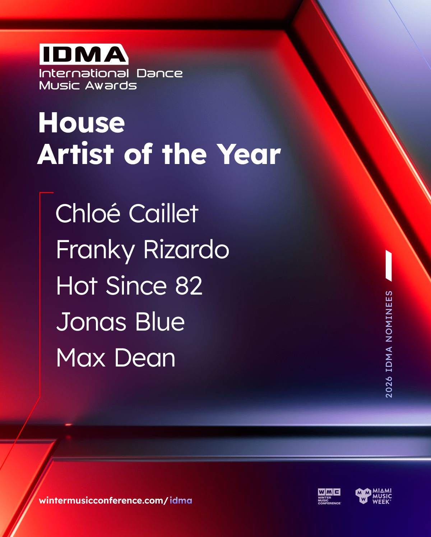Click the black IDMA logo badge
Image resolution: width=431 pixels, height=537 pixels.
pos(84,54)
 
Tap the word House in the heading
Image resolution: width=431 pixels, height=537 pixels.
pos(82,123)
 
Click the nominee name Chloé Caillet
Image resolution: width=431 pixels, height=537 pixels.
pos(127,213)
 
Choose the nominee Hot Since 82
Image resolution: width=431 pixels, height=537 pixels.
pos(129,286)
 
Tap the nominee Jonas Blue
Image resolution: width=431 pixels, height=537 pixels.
pos(120,322)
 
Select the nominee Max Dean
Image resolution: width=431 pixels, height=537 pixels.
pos(116,358)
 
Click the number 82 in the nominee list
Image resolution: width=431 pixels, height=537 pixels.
pos(189,286)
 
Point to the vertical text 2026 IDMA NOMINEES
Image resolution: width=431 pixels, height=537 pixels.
pos(389,344)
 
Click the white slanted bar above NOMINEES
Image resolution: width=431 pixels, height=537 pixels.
pos(389,265)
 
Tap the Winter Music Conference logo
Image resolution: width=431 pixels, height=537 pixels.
pos(329,497)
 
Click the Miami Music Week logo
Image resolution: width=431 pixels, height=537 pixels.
pos(374,496)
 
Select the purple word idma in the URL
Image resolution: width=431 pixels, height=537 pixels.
pos(181,500)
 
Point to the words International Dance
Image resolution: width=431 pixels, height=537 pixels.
pos(111,73)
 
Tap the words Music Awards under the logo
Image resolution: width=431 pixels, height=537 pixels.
pos(88,85)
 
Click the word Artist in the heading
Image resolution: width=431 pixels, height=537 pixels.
pos(76,154)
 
